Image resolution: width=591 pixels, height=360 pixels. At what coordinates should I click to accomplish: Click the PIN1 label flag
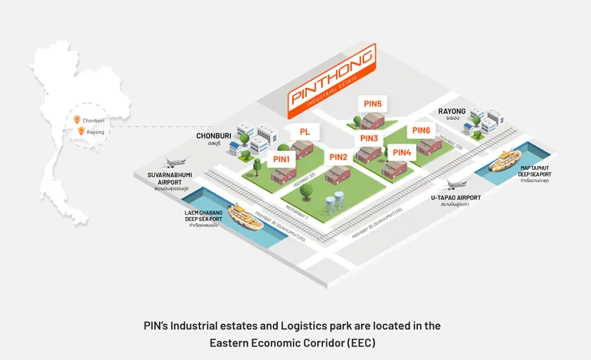point(282,159)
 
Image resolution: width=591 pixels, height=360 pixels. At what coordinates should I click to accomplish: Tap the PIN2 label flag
point(338,156)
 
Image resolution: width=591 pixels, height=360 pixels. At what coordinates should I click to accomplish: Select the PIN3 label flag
point(369,139)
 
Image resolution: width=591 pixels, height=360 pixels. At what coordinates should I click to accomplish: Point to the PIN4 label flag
point(403,152)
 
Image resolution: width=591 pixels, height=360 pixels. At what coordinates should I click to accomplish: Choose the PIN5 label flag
point(373,104)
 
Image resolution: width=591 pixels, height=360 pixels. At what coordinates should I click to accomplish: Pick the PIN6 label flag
point(422,130)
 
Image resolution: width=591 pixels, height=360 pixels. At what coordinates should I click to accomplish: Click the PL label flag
point(304,131)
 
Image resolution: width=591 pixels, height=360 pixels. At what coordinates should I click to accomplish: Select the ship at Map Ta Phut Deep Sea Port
point(510,162)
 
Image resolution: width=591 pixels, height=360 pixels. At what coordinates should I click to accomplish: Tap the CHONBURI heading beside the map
point(213,136)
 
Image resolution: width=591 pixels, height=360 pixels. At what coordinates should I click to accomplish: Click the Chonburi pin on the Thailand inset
point(77,120)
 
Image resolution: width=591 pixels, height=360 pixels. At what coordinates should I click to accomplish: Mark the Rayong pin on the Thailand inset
point(81,132)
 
